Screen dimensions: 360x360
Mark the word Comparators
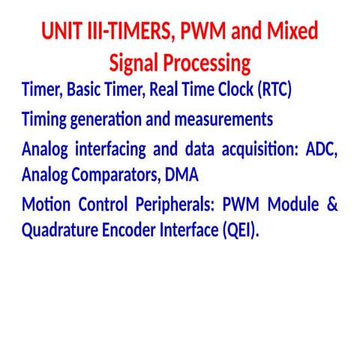pyautogui.click(x=112, y=175)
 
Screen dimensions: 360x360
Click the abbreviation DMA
pyautogui.click(x=182, y=175)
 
